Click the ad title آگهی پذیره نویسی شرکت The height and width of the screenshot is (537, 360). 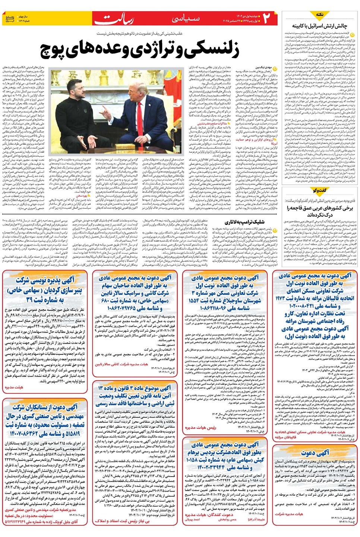click(x=45, y=280)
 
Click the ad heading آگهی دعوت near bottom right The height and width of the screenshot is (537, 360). click(x=315, y=453)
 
